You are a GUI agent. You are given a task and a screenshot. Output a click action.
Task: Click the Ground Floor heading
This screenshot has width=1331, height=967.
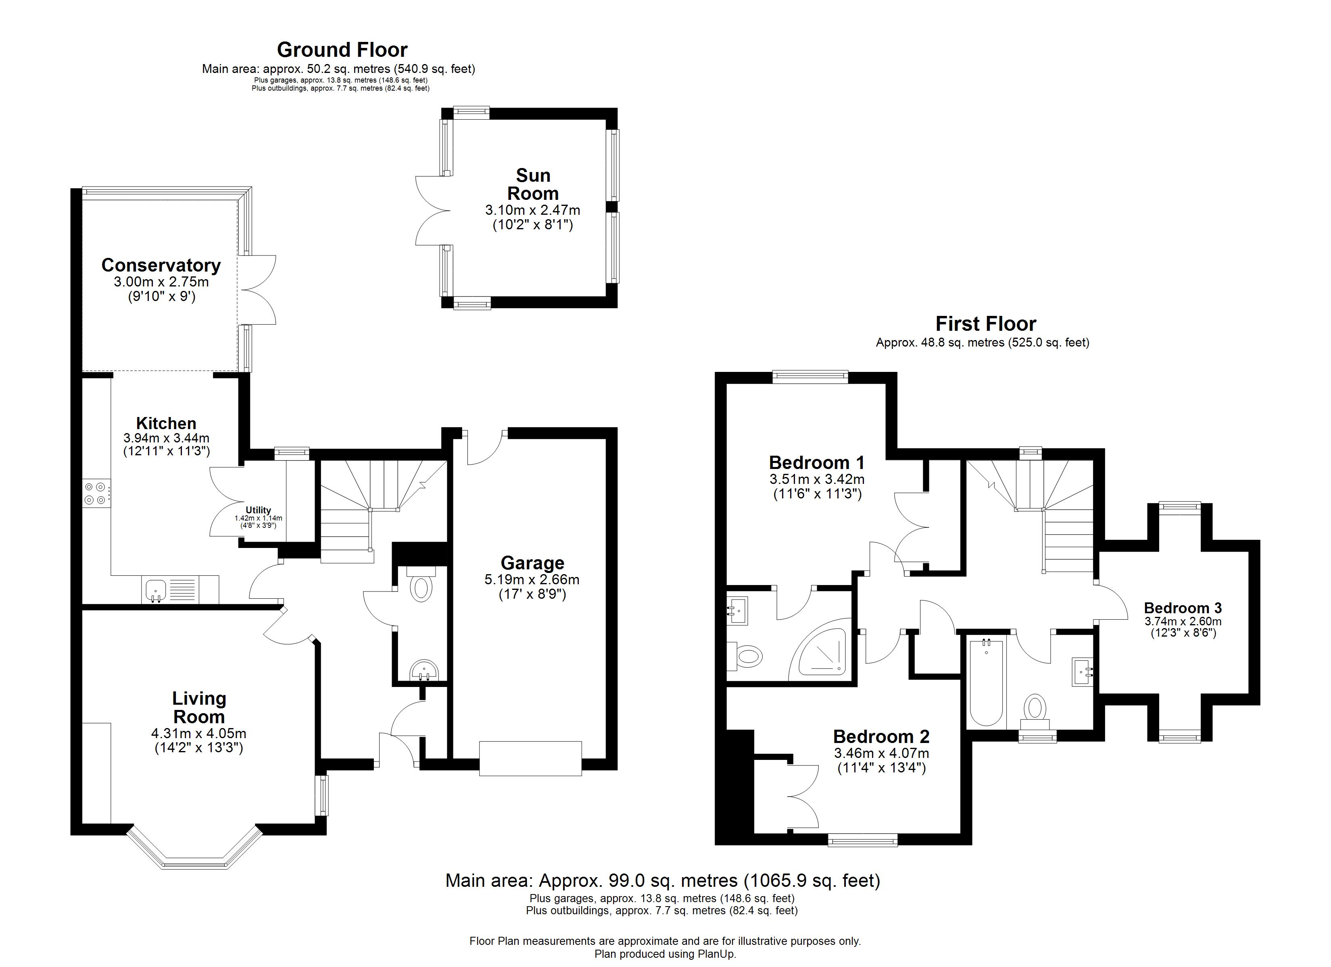[342, 50]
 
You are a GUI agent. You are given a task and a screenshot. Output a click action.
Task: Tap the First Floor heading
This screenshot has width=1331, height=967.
[985, 324]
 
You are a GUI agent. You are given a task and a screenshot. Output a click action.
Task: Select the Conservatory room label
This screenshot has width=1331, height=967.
[161, 265]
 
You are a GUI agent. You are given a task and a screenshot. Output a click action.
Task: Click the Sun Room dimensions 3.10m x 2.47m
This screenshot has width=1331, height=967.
[532, 210]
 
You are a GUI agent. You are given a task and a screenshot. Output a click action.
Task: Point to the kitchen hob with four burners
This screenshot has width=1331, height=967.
[95, 493]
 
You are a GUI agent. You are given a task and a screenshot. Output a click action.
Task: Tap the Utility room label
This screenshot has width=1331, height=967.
[258, 510]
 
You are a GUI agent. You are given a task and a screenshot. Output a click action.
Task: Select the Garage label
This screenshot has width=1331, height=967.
[532, 563]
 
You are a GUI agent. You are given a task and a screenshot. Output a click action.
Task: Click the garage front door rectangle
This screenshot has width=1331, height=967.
[530, 759]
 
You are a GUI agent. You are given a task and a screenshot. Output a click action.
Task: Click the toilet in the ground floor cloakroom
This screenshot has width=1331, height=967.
[421, 585]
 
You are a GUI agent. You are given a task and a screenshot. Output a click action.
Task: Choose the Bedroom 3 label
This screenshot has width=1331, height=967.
[1183, 608]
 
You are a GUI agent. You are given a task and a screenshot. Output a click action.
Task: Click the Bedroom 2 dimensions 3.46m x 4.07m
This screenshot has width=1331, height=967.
[881, 753]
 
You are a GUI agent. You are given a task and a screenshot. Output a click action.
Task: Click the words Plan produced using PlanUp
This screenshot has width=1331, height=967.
[665, 954]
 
